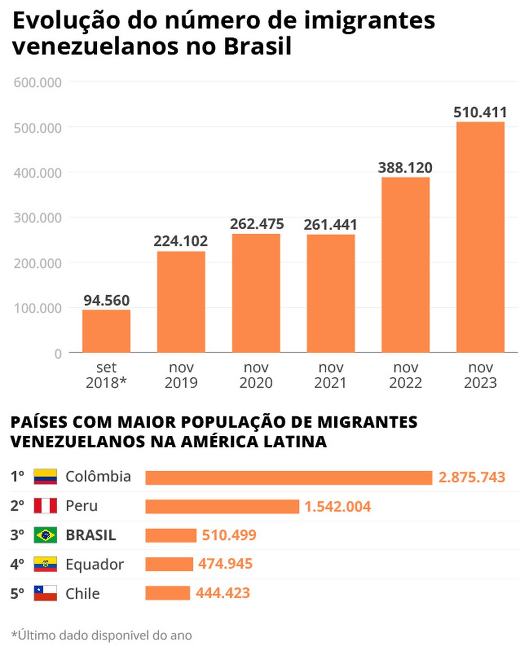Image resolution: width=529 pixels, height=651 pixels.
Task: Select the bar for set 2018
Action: click(x=106, y=331)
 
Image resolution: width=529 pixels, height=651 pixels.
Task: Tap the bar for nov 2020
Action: click(x=256, y=293)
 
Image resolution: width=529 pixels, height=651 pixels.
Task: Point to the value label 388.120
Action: click(x=405, y=168)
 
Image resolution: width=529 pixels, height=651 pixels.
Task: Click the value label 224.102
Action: click(x=181, y=241)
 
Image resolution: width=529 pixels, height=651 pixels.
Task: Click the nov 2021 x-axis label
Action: click(x=331, y=375)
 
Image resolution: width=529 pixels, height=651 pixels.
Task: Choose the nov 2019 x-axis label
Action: click(x=181, y=375)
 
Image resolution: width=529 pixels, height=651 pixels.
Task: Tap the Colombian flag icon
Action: click(x=45, y=476)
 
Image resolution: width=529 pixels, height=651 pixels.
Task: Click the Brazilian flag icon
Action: click(x=45, y=535)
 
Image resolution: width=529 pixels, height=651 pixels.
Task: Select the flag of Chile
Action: click(x=45, y=593)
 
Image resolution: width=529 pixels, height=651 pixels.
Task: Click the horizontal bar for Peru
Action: click(x=222, y=507)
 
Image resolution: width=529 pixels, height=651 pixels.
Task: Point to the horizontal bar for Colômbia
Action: click(x=289, y=478)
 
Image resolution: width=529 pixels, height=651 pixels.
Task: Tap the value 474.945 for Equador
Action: click(x=225, y=564)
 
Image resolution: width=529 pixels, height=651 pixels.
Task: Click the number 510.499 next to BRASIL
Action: click(x=229, y=535)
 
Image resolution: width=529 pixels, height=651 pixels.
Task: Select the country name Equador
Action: click(x=95, y=564)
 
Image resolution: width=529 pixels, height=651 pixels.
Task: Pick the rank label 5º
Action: click(x=17, y=593)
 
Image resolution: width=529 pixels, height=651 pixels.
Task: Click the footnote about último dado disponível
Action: click(x=102, y=635)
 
